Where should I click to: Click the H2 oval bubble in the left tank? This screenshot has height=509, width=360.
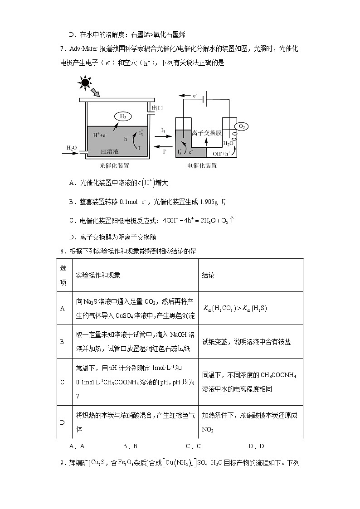[122, 116]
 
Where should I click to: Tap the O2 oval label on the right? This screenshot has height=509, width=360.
[241, 127]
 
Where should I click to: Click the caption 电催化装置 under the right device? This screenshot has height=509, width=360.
[202, 166]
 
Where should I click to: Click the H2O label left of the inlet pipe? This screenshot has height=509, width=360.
[72, 148]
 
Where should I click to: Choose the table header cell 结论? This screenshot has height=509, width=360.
[208, 275]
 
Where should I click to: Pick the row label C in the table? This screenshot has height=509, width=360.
[63, 382]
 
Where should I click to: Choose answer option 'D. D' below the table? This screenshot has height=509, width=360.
[256, 446]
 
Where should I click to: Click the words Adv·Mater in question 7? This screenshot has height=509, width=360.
[82, 49]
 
